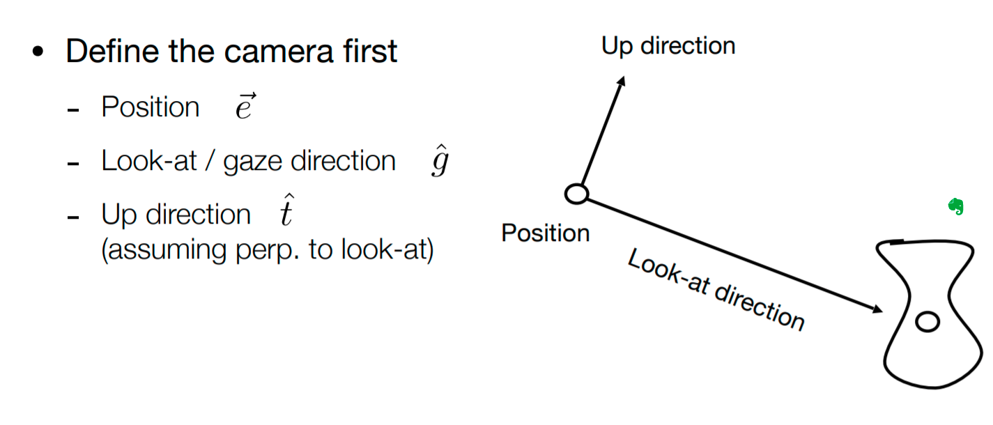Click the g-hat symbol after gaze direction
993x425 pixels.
(x=438, y=162)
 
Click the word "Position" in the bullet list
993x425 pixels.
(x=151, y=107)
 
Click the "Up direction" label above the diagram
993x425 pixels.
(x=668, y=46)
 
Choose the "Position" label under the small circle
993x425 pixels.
(x=546, y=233)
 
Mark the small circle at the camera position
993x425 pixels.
(x=576, y=194)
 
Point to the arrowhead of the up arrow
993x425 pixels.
(x=622, y=80)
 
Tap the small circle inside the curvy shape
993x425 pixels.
(x=927, y=322)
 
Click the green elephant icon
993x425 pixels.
(x=956, y=206)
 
